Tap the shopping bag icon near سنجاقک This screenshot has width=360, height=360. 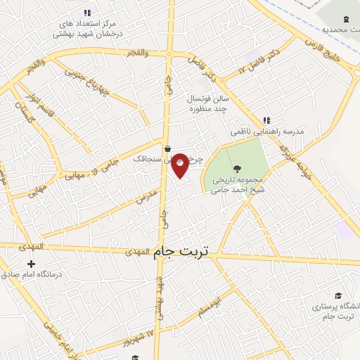point(167,148)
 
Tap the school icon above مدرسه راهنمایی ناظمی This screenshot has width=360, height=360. point(266,120)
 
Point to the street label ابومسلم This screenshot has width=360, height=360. point(210,307)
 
